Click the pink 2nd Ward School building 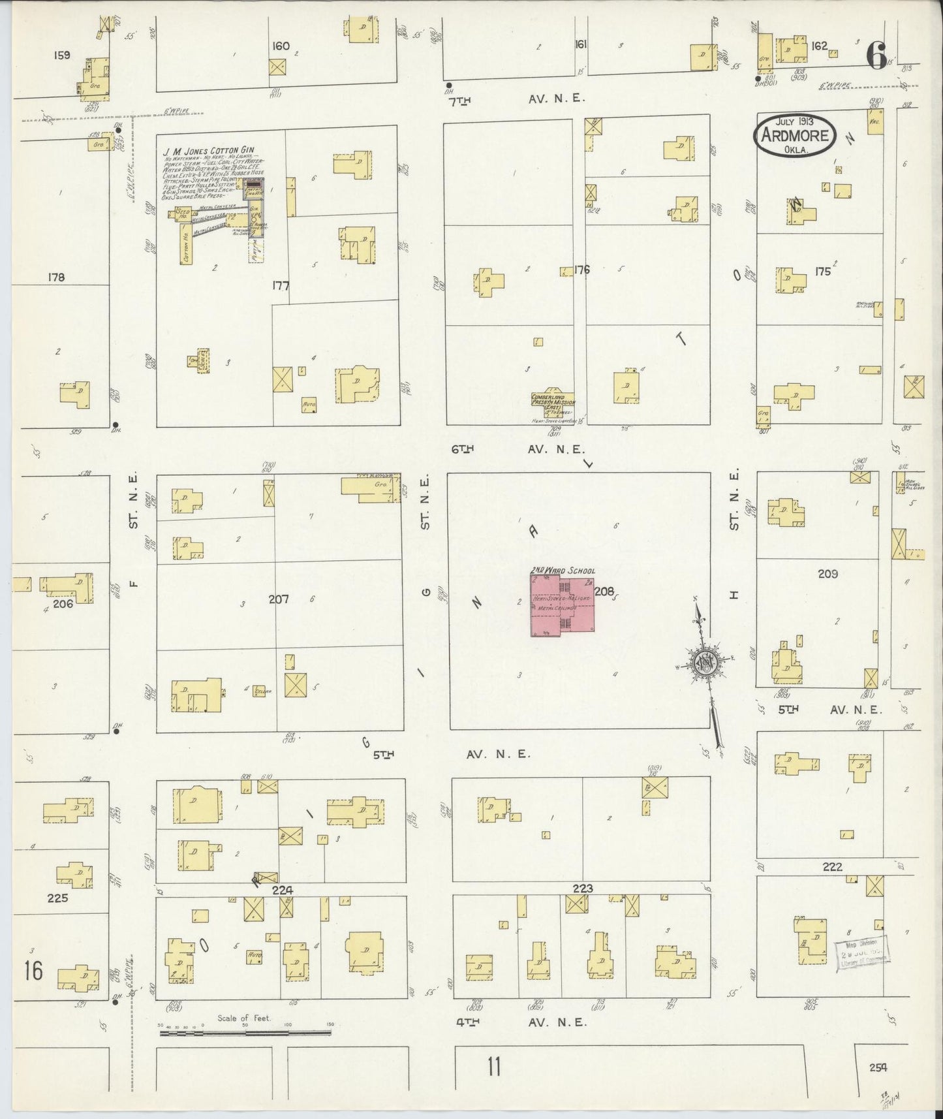click(x=562, y=604)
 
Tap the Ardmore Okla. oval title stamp click(x=794, y=136)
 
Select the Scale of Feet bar click(x=245, y=1032)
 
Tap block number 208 click(x=604, y=591)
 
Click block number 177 click(x=281, y=285)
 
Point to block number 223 click(x=582, y=888)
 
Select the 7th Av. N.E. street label click(x=522, y=99)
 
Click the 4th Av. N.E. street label click(x=522, y=1022)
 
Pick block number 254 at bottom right click(x=878, y=1067)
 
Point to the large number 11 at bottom click(x=494, y=1067)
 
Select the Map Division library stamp click(x=861, y=954)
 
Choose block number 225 click(x=57, y=898)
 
